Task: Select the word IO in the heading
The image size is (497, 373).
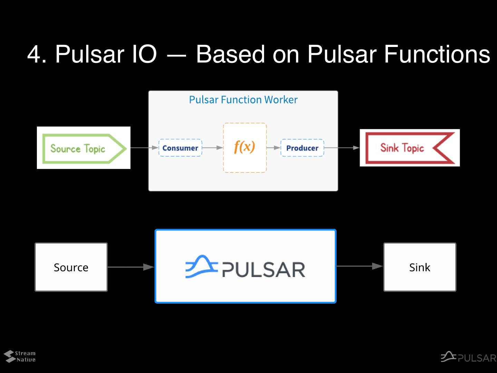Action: (144, 54)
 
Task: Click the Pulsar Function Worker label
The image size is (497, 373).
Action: (243, 100)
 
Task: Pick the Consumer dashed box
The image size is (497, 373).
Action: (180, 148)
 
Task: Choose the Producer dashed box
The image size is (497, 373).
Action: (302, 148)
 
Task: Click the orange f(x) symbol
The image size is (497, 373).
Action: (244, 147)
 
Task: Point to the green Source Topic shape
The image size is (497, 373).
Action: (84, 149)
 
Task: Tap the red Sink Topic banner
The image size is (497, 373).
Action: (410, 148)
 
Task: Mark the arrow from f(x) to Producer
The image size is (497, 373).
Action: (274, 148)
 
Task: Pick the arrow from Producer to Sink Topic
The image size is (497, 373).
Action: (342, 148)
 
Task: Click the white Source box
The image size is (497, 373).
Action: (71, 267)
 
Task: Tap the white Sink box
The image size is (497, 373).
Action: (420, 267)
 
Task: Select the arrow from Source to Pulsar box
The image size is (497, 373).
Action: (131, 267)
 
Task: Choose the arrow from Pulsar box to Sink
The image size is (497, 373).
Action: (359, 266)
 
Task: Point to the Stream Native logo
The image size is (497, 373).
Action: (20, 356)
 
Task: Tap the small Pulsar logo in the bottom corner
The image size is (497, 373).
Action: (468, 357)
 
